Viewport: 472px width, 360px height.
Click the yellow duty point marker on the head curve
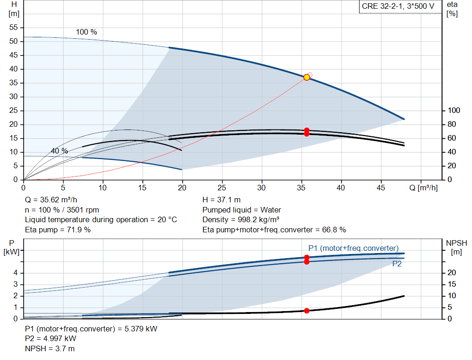click(307, 77)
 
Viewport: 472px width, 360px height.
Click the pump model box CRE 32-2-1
click(398, 7)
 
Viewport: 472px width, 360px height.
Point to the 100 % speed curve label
click(87, 32)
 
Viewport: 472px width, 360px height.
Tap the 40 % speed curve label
click(59, 151)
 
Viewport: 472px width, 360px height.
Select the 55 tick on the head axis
click(13, 28)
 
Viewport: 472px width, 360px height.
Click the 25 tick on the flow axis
click(223, 188)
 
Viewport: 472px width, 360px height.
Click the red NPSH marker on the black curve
click(307, 311)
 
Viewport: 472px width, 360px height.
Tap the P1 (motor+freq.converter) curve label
click(353, 248)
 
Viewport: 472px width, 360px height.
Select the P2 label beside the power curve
click(397, 264)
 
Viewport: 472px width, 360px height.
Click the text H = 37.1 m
click(221, 200)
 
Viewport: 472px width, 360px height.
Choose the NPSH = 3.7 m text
click(50, 348)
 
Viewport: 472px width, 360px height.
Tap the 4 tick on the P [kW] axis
click(15, 273)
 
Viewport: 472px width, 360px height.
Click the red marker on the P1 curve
click(307, 258)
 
